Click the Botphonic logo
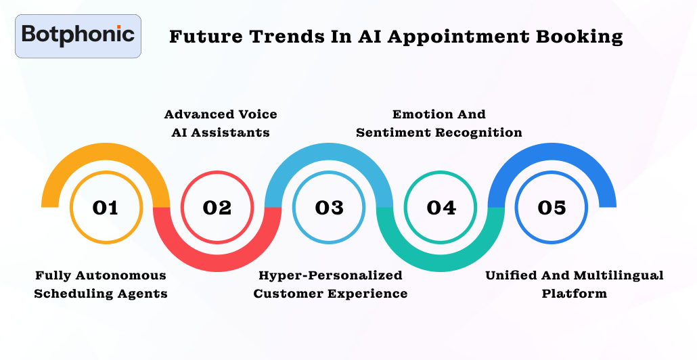point(78,36)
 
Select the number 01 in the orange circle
point(106,208)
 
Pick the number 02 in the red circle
point(217,208)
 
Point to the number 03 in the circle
point(329,208)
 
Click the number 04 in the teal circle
point(441,208)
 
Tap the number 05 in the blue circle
point(552,208)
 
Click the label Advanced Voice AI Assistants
point(221,123)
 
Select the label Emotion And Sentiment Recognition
point(439,123)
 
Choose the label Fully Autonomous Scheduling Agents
point(101,284)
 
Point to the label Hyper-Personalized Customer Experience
point(330,284)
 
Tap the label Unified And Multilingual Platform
point(575,284)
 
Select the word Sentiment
point(393,133)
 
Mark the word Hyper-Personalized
point(330,276)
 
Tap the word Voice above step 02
point(258,114)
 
